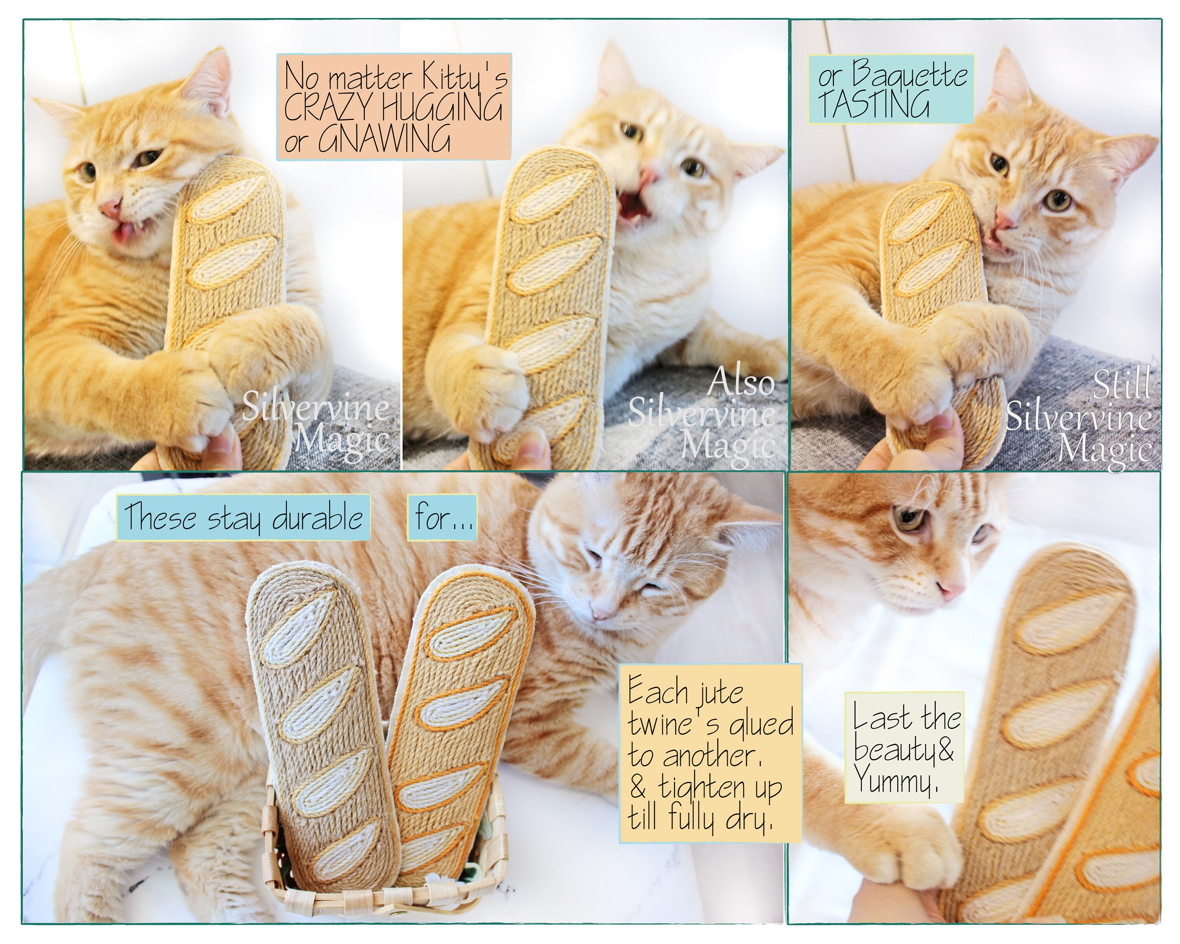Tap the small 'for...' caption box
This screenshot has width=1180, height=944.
coord(442,517)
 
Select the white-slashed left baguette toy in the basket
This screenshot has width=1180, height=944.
coord(323,723)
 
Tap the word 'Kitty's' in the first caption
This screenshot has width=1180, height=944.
coord(465,77)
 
